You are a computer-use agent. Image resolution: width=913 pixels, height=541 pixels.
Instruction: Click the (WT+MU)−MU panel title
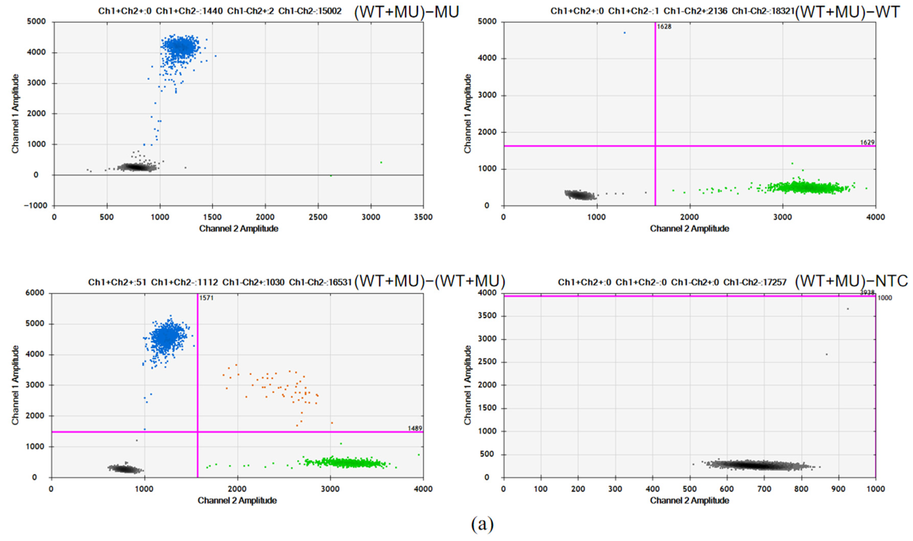click(406, 12)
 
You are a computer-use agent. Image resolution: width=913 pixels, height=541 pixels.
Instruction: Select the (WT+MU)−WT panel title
click(847, 12)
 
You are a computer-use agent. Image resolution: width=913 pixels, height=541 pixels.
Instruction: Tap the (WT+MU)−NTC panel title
click(851, 281)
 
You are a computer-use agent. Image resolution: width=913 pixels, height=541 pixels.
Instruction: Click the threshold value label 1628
click(664, 27)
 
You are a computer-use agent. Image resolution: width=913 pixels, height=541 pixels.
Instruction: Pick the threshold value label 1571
click(206, 298)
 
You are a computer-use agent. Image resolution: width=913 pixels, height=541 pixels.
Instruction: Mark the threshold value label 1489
click(415, 428)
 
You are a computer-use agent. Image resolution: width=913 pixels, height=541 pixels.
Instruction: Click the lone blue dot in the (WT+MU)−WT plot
click(624, 33)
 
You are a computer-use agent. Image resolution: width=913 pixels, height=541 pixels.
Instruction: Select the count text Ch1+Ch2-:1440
click(189, 11)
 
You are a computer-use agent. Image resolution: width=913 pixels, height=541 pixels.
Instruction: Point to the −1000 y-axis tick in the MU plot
click(36, 206)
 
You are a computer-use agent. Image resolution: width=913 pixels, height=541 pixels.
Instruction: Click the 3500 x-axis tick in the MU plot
click(423, 217)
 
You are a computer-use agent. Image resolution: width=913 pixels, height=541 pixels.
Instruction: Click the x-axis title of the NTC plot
click(689, 500)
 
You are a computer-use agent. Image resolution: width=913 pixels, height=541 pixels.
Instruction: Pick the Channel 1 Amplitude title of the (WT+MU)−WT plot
click(467, 113)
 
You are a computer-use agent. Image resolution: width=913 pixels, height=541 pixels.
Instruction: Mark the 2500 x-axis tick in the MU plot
click(318, 217)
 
